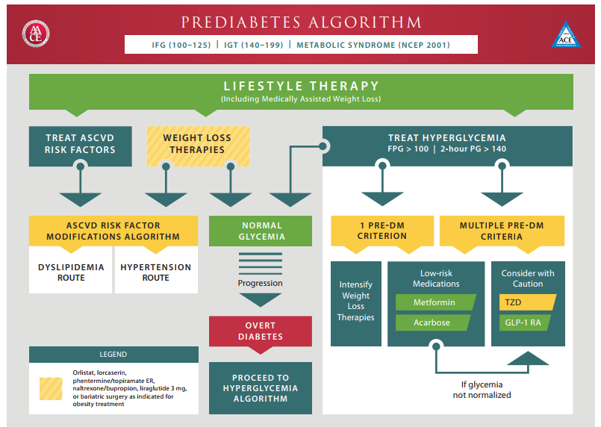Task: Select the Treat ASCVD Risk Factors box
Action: pyautogui.click(x=80, y=144)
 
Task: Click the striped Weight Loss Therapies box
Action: pyautogui.click(x=197, y=144)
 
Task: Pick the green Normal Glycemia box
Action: pyautogui.click(x=261, y=231)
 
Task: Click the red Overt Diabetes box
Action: pyautogui.click(x=260, y=331)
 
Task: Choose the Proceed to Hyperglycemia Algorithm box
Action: pyautogui.click(x=260, y=388)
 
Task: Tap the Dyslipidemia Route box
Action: pyautogui.click(x=72, y=272)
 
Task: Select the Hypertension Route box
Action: pyautogui.click(x=156, y=272)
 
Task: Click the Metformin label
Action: pyautogui.click(x=435, y=302)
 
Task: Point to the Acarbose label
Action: pyautogui.click(x=432, y=322)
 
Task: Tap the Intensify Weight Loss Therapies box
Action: pyautogui.click(x=356, y=301)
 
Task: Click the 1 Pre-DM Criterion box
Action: pyautogui.click(x=382, y=231)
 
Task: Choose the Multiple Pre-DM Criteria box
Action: pyautogui.click(x=502, y=231)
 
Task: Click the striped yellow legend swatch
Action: pyautogui.click(x=51, y=388)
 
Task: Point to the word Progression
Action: pyautogui.click(x=261, y=283)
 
